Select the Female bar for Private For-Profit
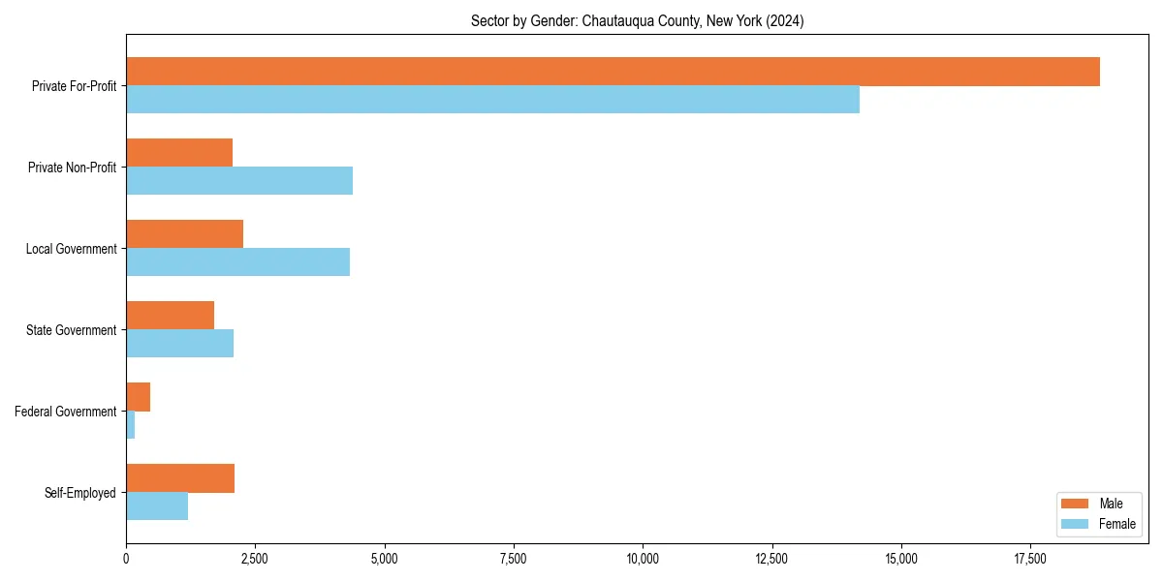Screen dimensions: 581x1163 tap(492, 100)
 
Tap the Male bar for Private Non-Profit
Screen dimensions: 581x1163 tap(179, 153)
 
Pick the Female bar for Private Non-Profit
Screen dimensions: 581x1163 tap(239, 181)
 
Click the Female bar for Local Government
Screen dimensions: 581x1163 tap(237, 262)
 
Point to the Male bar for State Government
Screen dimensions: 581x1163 tap(170, 316)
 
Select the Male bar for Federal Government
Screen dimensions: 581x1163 tap(138, 397)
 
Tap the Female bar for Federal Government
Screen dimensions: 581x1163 tap(130, 425)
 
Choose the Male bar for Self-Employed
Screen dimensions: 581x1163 tap(180, 478)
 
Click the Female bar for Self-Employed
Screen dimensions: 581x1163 tap(157, 506)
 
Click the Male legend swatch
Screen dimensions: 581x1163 tap(1076, 504)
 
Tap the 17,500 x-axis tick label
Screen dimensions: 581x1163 tap(1030, 558)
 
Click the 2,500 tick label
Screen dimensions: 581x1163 tap(255, 558)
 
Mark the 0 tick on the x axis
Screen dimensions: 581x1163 tap(126, 558)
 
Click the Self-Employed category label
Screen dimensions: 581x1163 tap(80, 493)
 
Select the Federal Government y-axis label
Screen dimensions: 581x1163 tap(66, 412)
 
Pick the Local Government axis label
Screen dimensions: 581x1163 tap(72, 249)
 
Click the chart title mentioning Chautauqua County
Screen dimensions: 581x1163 tap(637, 20)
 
